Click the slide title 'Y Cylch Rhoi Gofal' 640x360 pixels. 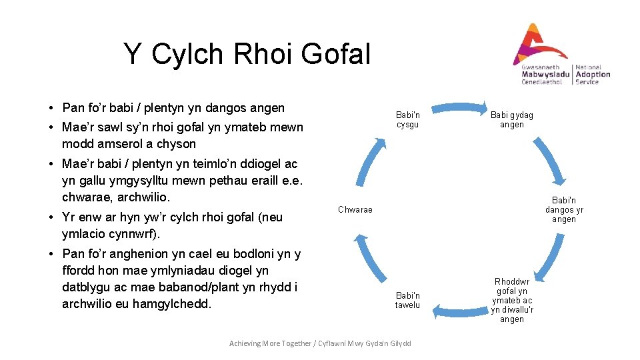(246, 54)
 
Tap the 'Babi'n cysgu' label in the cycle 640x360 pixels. (407, 120)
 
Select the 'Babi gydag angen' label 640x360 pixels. (512, 120)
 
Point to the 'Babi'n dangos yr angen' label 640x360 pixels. (564, 209)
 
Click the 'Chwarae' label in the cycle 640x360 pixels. (355, 210)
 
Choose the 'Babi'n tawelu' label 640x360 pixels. (407, 300)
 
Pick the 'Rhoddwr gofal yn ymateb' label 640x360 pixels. (512, 300)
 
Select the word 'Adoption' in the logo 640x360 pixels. (593, 75)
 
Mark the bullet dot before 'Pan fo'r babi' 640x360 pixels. (51, 108)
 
